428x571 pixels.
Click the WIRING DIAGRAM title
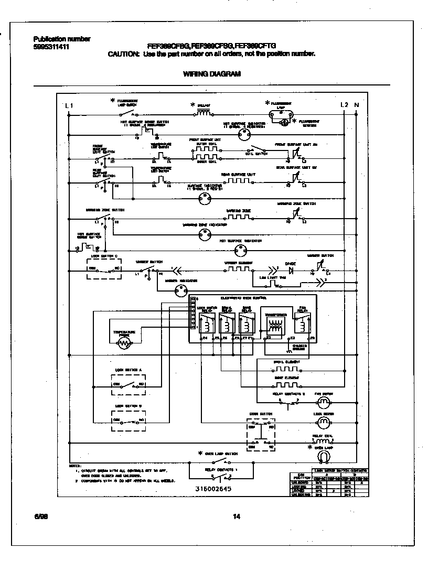212,74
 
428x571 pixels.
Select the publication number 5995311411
51,47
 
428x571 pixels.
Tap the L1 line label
69,105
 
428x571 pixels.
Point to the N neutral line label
357,105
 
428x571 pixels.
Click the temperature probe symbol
124,343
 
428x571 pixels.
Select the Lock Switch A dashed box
129,384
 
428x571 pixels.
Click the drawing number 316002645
212,489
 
